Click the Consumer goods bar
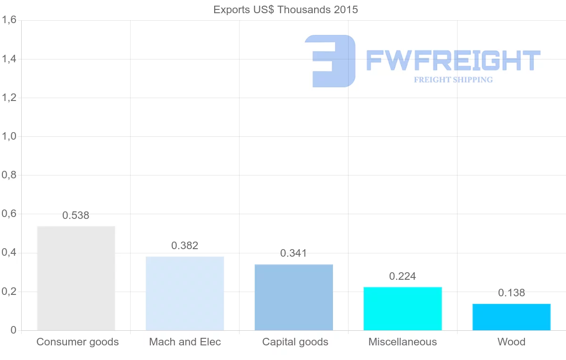(x=76, y=278)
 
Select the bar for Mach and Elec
(x=185, y=293)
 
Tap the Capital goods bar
(x=294, y=297)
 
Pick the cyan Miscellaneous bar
(x=403, y=309)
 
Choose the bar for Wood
(x=511, y=317)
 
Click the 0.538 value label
(x=76, y=216)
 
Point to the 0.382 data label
(x=185, y=246)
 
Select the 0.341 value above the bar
(x=293, y=253)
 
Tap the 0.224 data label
(x=402, y=276)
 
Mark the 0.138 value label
(x=511, y=293)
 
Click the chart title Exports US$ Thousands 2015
(x=286, y=10)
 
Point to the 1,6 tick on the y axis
(x=9, y=20)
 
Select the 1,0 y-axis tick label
(x=9, y=136)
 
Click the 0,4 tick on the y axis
(x=9, y=253)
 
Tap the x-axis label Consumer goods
(x=78, y=342)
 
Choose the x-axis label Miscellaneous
(x=403, y=342)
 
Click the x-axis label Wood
(x=511, y=342)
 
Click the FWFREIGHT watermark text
(x=453, y=61)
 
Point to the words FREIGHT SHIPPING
(x=453, y=80)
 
